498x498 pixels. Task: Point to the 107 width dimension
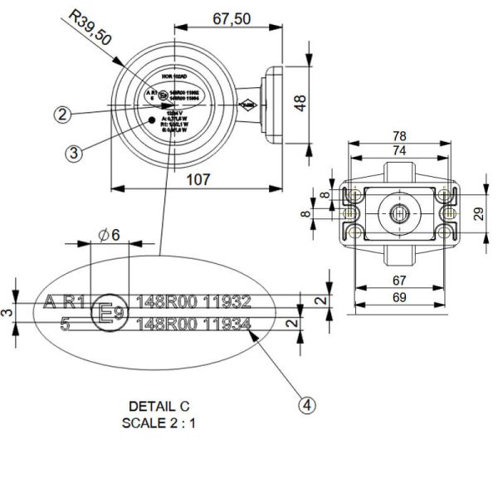coord(197,178)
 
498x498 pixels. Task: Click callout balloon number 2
coord(61,115)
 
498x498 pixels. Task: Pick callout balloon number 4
coord(307,405)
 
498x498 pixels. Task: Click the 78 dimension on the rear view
coord(400,135)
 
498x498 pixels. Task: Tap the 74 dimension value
coord(400,150)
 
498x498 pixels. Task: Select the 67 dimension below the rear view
coord(400,281)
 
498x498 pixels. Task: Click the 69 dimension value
coord(400,297)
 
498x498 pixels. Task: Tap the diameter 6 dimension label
coord(110,234)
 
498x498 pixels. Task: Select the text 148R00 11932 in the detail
coord(193,300)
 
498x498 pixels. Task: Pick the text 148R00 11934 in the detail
coord(193,325)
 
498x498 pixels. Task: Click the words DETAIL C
coord(159,406)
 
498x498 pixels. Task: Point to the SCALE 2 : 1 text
coord(159,421)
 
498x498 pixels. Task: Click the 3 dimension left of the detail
coord(7,311)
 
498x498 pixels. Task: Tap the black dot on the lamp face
coord(151,120)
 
